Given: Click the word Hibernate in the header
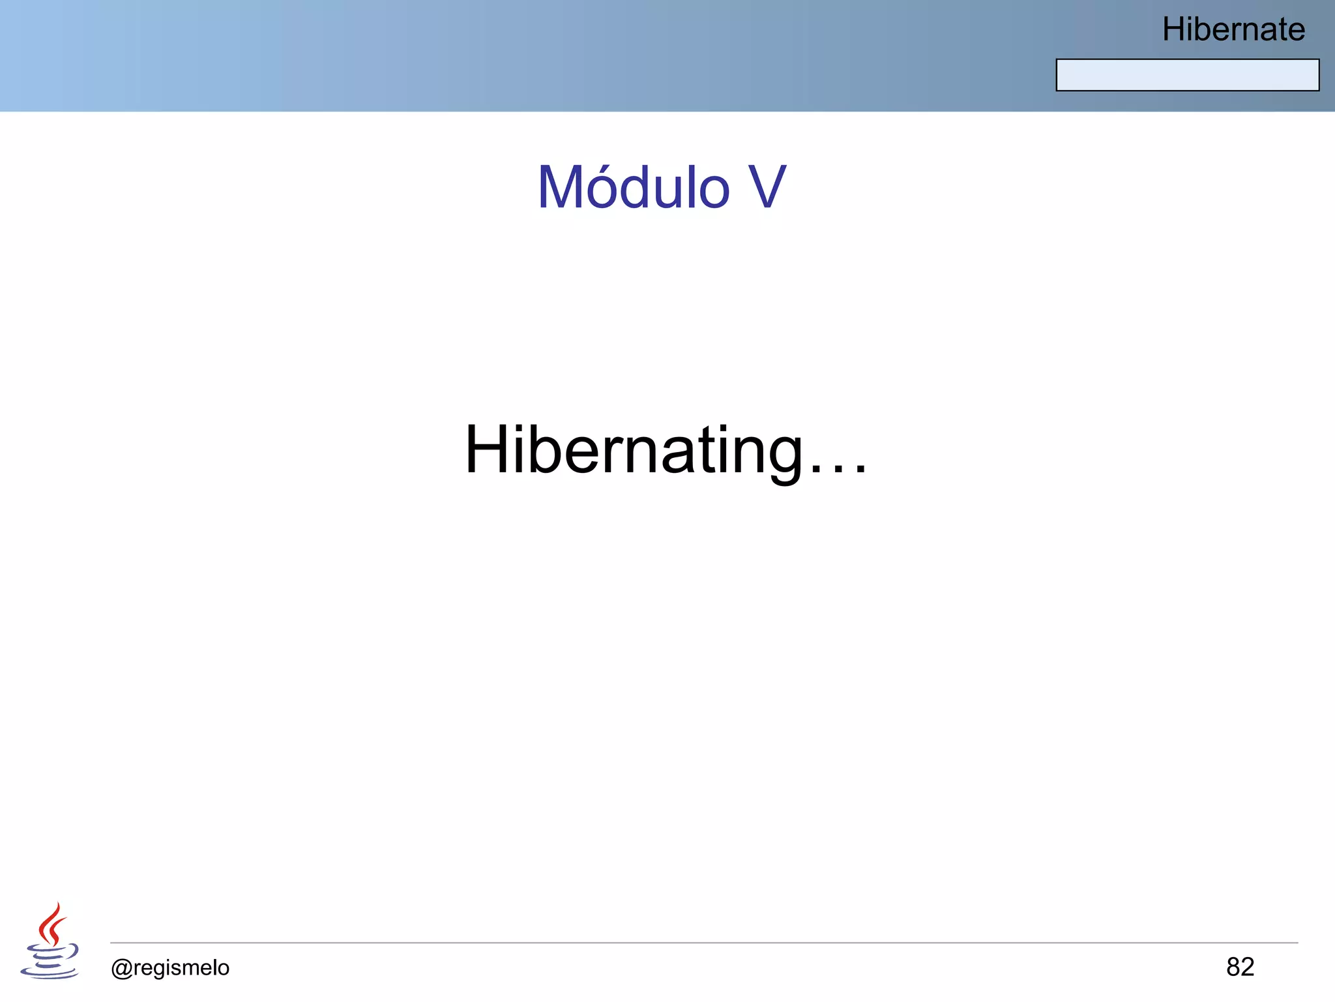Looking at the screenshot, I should [x=1233, y=29].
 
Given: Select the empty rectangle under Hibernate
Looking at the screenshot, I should [x=1187, y=75].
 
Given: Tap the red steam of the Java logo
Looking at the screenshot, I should [x=51, y=923].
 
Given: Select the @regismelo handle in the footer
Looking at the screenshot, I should [x=170, y=967].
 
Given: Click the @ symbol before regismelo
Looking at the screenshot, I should [x=122, y=968].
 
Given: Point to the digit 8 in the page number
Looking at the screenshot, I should [x=1233, y=967].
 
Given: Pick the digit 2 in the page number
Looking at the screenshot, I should [x=1248, y=967].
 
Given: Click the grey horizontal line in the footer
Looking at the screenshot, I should [x=704, y=943].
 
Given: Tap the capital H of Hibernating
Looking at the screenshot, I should [x=488, y=450].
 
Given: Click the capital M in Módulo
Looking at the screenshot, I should [x=565, y=188].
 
